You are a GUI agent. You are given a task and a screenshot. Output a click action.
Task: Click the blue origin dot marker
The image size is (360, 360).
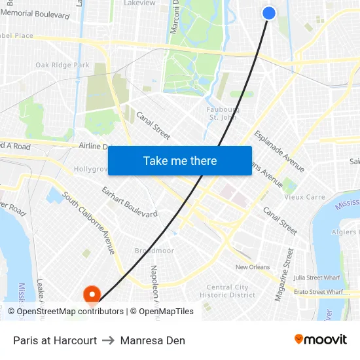point(269,12)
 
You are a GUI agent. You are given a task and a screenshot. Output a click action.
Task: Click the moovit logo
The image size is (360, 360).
point(320,340)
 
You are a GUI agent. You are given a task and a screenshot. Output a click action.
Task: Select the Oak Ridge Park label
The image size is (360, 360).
point(62,65)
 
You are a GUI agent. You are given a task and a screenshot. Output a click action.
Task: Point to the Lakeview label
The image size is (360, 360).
point(139,3)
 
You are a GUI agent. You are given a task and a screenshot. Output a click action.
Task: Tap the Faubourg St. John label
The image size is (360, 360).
point(223,113)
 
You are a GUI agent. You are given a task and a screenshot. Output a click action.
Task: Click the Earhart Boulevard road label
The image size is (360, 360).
point(129,202)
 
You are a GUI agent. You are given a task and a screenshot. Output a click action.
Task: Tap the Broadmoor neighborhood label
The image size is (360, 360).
point(154,251)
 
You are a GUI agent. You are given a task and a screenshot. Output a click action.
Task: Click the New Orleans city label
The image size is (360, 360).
point(253,267)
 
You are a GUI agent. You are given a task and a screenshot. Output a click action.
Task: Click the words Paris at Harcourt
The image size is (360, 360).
point(55,340)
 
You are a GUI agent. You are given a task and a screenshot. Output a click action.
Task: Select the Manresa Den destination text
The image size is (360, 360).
point(153,340)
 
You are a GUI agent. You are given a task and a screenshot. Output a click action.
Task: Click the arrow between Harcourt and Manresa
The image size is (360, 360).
point(109,340)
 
